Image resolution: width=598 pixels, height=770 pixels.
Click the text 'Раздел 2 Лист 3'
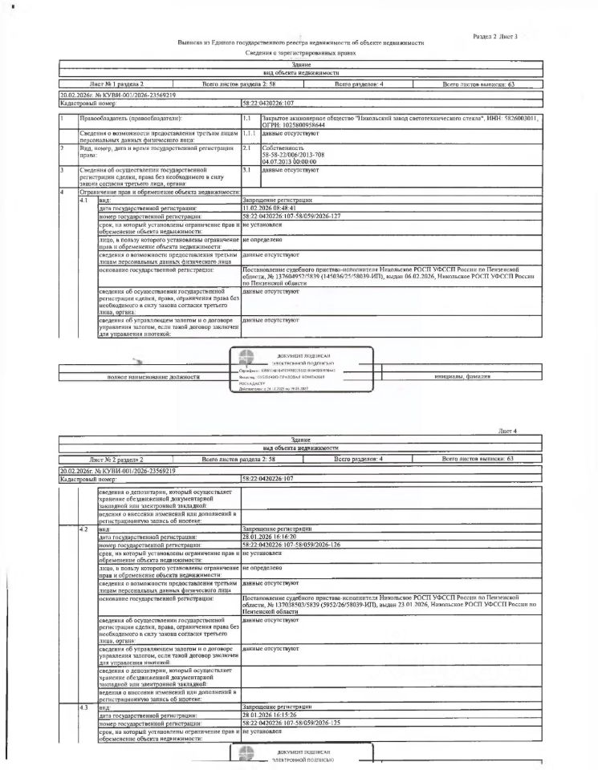point(494,37)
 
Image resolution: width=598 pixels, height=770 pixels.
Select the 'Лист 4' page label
point(508,431)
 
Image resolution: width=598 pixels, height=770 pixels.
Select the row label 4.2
point(83,529)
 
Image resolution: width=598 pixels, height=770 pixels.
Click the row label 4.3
point(83,707)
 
